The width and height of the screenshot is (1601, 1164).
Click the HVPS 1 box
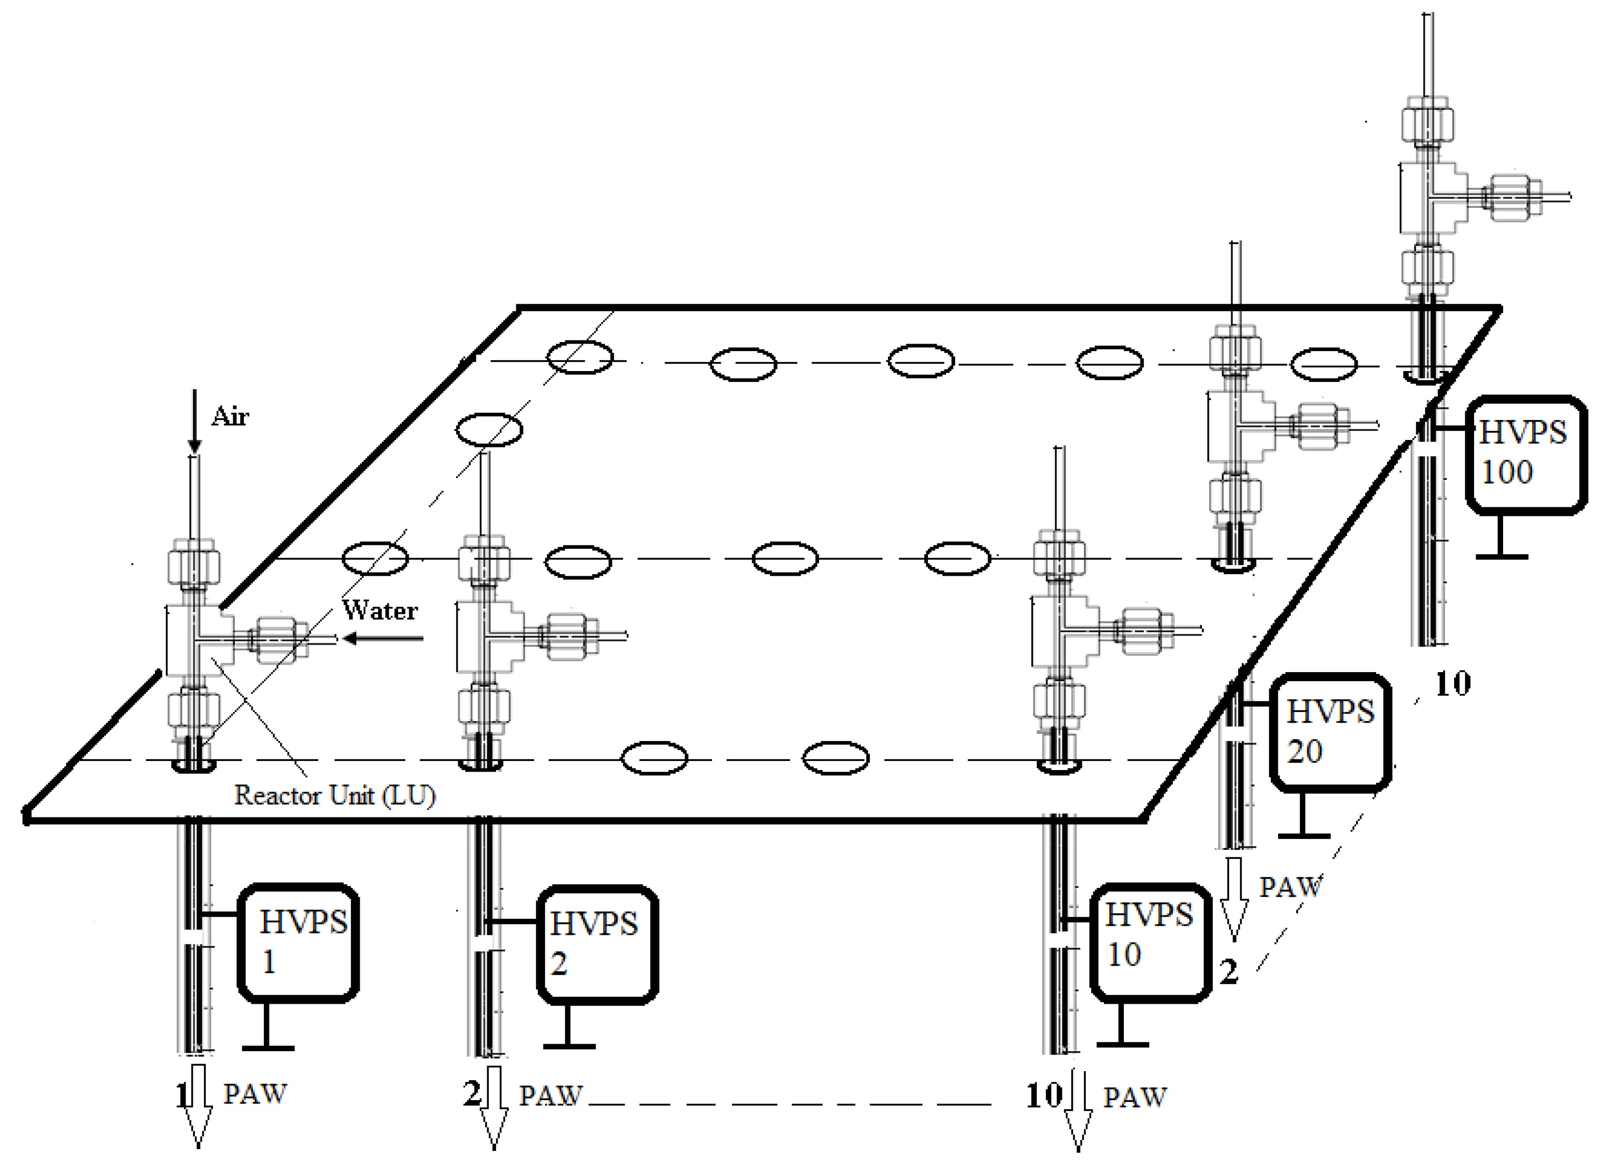(x=299, y=942)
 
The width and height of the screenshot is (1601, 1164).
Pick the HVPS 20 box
(x=1330, y=732)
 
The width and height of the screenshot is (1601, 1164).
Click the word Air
(x=230, y=416)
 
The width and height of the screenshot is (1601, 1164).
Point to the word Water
(x=380, y=610)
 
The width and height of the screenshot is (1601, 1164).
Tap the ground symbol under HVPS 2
(x=569, y=1037)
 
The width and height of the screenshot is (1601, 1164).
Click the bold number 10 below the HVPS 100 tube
(x=1453, y=684)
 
